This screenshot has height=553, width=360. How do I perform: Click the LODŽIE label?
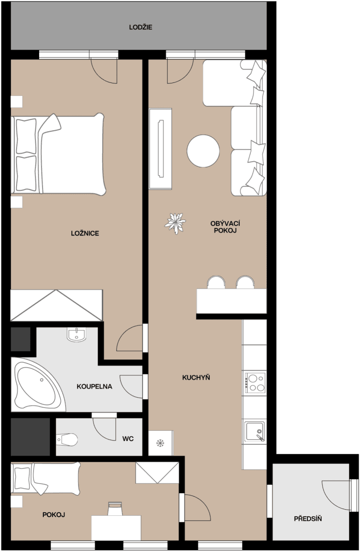pos(141,28)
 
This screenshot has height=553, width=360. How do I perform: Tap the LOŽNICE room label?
pos(85,233)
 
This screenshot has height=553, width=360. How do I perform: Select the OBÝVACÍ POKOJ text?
pos(225,227)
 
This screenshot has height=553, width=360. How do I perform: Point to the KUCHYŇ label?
pos(196,377)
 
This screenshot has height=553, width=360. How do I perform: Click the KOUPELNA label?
pos(94,387)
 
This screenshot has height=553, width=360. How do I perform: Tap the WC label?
pos(128,439)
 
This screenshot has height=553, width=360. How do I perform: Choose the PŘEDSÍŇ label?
pos(308,519)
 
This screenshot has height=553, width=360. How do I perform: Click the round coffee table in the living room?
pos(203,151)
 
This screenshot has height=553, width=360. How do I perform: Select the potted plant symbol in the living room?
pos(176,224)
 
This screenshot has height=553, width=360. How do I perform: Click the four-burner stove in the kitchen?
pos(255,383)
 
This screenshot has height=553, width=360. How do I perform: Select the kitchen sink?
pos(254,431)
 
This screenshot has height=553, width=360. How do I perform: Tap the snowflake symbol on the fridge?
pos(160,443)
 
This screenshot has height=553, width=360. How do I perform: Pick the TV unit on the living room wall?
pos(160,148)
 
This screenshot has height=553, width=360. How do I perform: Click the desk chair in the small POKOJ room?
pos(115,509)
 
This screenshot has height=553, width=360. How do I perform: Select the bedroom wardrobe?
pos(56,305)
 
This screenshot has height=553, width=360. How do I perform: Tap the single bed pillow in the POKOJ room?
pos(22,478)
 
